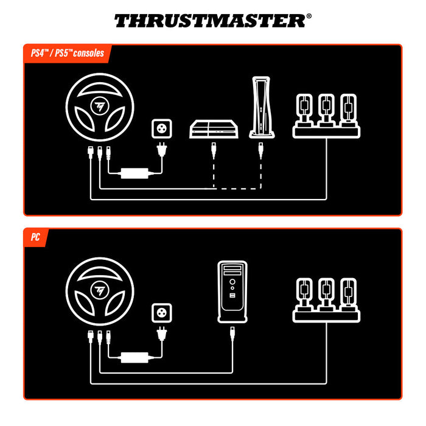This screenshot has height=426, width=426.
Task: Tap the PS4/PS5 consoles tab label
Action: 68,53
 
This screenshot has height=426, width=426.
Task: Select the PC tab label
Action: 37,237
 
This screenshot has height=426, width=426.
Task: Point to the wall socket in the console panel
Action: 162,129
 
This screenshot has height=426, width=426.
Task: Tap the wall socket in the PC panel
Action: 162,314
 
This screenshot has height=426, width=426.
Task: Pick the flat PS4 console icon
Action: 213,129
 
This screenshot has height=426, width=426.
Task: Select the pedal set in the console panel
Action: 325,114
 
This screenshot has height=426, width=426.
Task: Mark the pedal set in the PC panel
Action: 325,298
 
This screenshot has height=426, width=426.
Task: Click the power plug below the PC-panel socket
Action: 162,333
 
